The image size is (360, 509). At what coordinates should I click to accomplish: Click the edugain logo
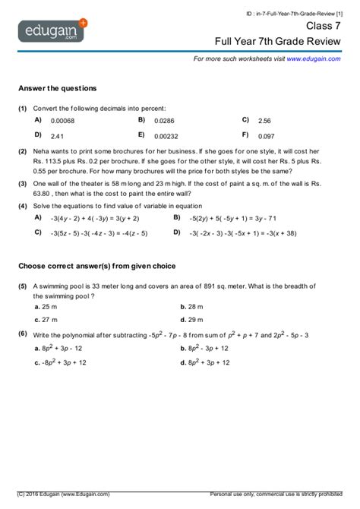point(52,32)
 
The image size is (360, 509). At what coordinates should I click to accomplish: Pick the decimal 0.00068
point(63,121)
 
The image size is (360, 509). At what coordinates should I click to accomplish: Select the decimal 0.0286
point(164,121)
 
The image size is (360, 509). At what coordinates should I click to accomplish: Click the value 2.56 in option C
point(264,121)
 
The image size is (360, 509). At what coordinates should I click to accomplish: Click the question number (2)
point(23,151)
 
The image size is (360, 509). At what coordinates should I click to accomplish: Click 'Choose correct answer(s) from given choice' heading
point(97,266)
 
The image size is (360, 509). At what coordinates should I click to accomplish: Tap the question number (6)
point(23,334)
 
